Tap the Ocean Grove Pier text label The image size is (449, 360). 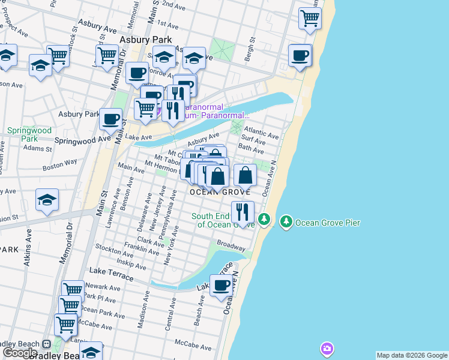pos(328,223)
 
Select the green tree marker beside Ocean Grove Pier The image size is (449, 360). pos(286,222)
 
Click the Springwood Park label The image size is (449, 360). pos(22,134)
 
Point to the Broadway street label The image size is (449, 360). pos(231,246)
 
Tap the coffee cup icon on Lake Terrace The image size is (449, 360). pos(221,286)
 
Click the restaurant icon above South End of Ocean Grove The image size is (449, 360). pos(242,211)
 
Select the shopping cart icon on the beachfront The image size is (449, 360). pos(310,18)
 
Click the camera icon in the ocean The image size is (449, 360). pos(327,348)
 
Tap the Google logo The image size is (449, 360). pos(20,353)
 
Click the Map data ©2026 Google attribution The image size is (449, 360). pos(412,355)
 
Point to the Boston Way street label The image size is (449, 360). pos(64,162)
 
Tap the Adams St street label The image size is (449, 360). pos(38,148)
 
